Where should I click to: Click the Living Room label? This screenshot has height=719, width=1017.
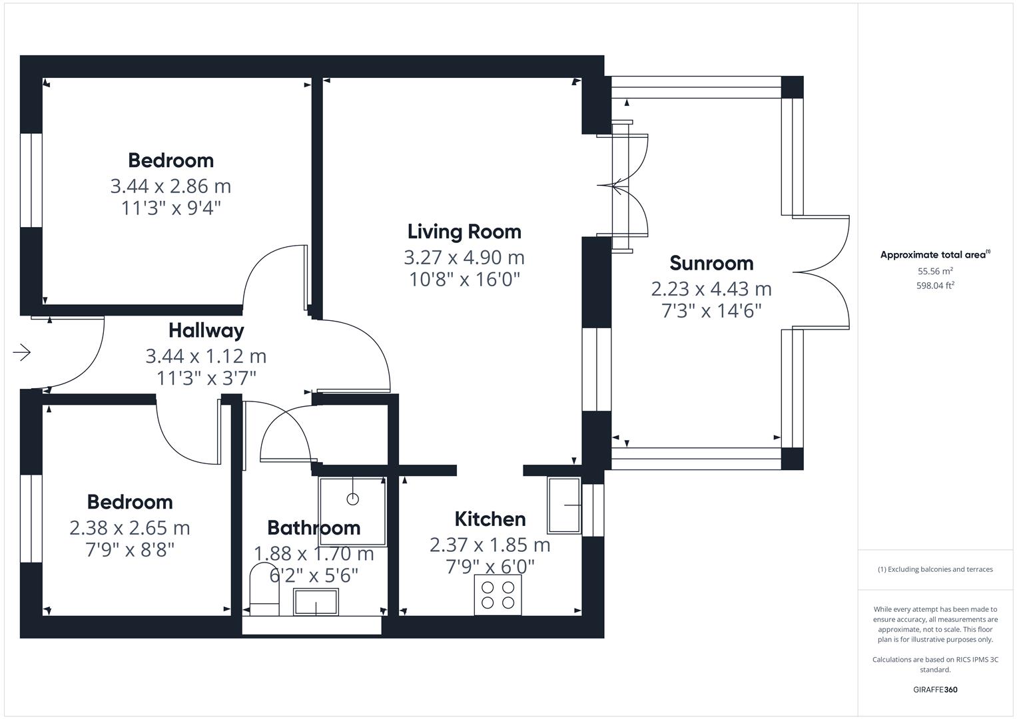click(x=464, y=232)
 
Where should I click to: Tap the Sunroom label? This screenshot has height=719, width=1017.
click(x=711, y=263)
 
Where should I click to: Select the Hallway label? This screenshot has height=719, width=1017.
click(x=206, y=331)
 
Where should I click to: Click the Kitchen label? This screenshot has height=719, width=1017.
click(x=490, y=519)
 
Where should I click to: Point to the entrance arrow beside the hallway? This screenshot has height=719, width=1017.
click(x=22, y=352)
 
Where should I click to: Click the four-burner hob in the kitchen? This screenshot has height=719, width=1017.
click(x=498, y=595)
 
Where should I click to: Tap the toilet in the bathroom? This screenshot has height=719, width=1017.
click(x=264, y=590)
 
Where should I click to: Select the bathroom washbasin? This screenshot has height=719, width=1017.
click(x=316, y=602)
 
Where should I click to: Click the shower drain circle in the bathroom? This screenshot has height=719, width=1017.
click(x=353, y=499)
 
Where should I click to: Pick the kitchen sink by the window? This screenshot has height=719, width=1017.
click(x=564, y=505)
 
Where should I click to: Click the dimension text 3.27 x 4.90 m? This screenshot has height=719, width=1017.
click(x=464, y=258)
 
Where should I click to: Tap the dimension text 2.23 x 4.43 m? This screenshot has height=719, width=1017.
click(x=711, y=289)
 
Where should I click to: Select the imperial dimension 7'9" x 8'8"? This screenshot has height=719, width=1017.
click(x=130, y=550)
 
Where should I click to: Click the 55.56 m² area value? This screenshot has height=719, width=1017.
click(x=935, y=271)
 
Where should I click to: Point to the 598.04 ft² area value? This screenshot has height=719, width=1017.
click(x=935, y=286)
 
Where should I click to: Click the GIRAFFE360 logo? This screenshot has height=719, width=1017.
click(x=935, y=690)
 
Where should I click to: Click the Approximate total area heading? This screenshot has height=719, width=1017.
click(x=935, y=254)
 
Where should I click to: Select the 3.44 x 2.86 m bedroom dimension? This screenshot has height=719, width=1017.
click(x=170, y=186)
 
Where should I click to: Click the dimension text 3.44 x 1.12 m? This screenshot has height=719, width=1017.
click(x=206, y=356)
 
